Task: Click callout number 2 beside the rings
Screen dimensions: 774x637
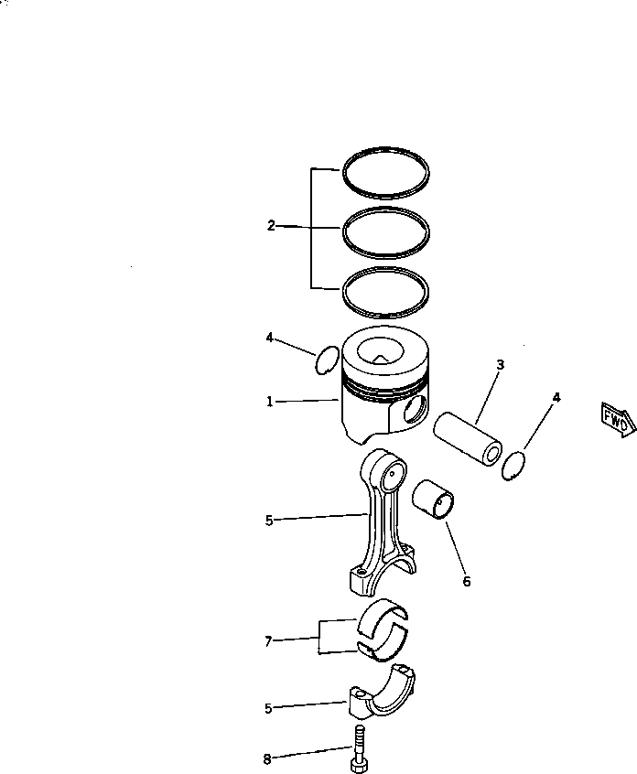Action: (x=271, y=226)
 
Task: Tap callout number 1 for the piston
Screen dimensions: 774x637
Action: (x=270, y=402)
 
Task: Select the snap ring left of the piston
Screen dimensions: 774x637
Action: (x=325, y=360)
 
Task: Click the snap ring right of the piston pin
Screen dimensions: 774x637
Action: (x=515, y=465)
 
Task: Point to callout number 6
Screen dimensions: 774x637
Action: (x=467, y=581)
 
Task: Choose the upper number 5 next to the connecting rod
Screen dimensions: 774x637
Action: (x=269, y=521)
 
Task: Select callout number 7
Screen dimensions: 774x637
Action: (x=269, y=642)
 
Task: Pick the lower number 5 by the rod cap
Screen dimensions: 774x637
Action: (x=269, y=708)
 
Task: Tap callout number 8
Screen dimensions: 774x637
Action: (x=267, y=758)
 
